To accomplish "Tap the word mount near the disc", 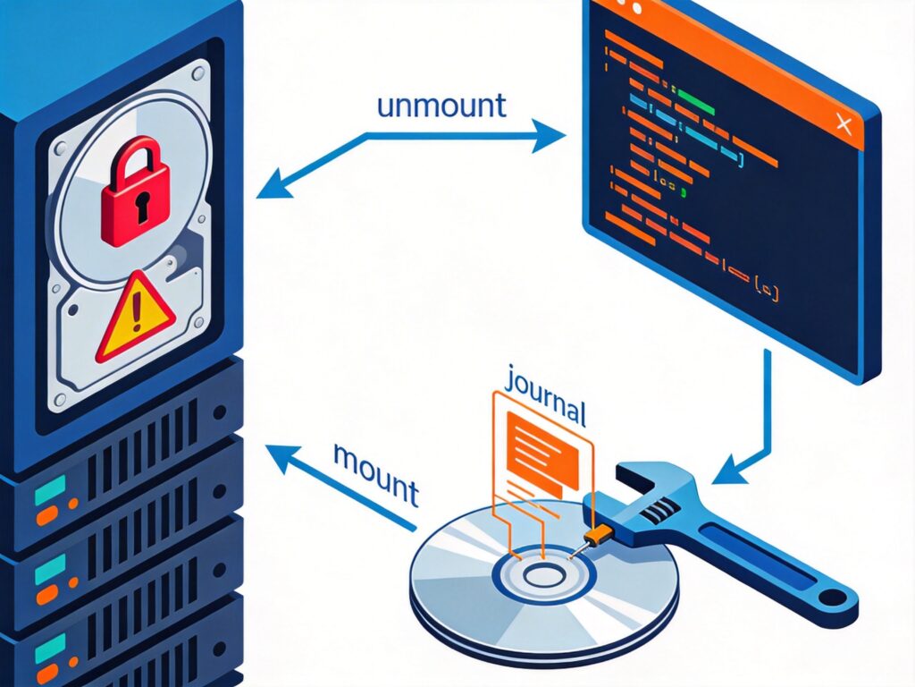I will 375,471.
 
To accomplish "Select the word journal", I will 544,398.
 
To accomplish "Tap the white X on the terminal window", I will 842,124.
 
